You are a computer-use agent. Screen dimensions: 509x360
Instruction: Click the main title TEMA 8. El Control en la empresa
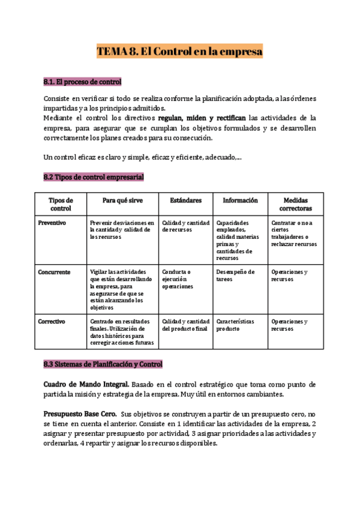[180, 52]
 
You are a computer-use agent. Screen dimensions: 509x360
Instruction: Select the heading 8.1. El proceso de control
[83, 82]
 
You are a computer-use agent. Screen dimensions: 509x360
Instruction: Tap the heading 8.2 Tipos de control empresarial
[94, 177]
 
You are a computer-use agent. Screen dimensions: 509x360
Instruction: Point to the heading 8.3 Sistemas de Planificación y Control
[103, 364]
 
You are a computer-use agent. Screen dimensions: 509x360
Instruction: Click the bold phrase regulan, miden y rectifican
[202, 118]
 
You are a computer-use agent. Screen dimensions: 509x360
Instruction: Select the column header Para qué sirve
[122, 200]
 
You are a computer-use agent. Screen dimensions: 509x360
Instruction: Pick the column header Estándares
[185, 200]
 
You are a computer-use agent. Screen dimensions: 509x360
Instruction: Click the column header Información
[240, 200]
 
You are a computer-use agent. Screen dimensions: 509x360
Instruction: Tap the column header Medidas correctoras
[297, 204]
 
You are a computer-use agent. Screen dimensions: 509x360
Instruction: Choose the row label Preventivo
[52, 222]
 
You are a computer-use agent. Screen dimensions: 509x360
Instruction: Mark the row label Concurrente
[54, 272]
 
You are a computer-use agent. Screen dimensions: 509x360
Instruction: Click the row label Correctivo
[52, 321]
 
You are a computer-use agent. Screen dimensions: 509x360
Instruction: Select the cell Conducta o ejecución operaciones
[178, 279]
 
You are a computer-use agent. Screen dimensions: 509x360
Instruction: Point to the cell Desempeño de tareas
[235, 276]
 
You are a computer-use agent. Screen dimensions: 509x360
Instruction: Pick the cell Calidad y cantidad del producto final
[185, 325]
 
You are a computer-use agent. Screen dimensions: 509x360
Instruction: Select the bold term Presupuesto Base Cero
[80, 414]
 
